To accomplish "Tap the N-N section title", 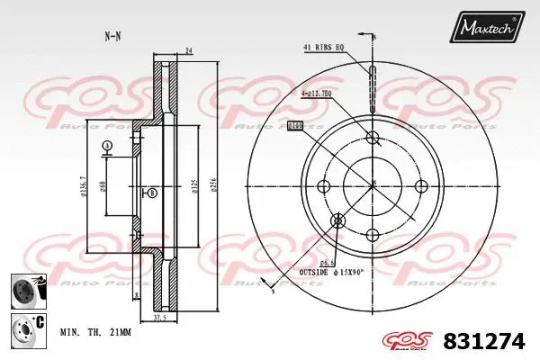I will point(112,36).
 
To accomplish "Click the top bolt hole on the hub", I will point(373,138).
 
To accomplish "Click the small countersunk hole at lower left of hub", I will point(338,220).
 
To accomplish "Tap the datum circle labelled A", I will point(107,146).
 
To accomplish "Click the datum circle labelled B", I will point(151,193).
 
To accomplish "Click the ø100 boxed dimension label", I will point(294,126).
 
